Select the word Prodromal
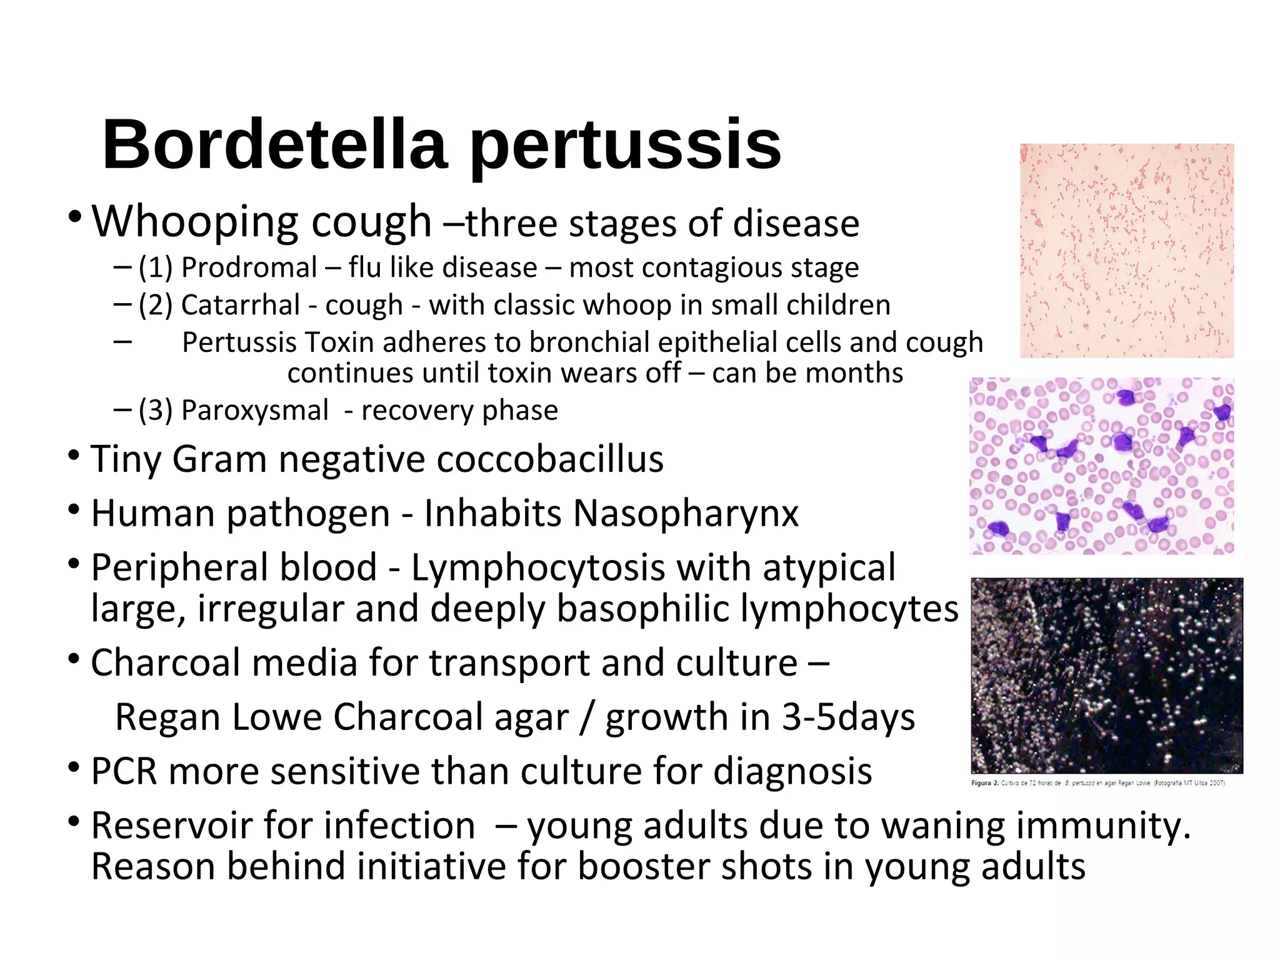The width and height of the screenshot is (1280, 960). click(249, 268)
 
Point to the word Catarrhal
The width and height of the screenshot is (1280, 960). click(241, 306)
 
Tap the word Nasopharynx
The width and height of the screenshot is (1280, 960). click(686, 514)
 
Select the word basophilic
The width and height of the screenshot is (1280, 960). click(642, 609)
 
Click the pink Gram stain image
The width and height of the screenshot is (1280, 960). click(1126, 251)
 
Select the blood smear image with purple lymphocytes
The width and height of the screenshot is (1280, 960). click(1101, 466)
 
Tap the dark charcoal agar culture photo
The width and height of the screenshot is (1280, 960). click(1106, 676)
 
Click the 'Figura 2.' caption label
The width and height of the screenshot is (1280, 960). click(985, 783)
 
